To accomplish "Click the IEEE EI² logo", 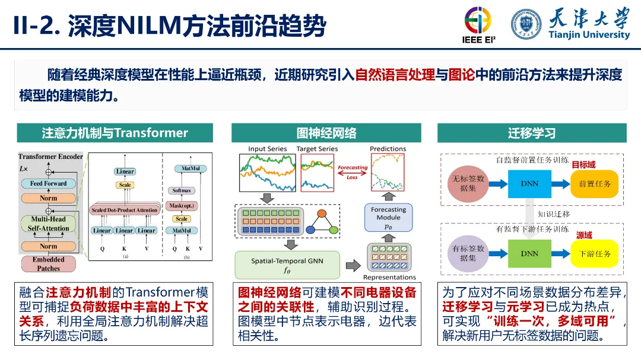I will [x=478, y=26].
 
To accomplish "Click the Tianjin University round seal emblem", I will [x=526, y=24].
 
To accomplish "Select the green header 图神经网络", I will [x=326, y=133].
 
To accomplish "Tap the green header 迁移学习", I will [x=532, y=133].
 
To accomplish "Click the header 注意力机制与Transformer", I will [x=115, y=133].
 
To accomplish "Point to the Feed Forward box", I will [x=49, y=184].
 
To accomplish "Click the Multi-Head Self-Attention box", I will [x=49, y=224].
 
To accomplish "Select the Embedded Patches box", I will [x=49, y=264].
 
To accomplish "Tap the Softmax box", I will [x=182, y=190].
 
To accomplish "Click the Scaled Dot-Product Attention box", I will [x=125, y=210].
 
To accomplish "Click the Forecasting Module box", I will [x=388, y=218].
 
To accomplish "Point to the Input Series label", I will [x=267, y=149].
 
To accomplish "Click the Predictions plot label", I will [x=388, y=149].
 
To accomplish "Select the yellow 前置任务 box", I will [x=595, y=184].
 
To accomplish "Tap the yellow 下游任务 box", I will [x=595, y=254].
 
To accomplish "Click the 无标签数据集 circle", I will [x=468, y=183].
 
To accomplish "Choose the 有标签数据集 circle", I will [x=468, y=253].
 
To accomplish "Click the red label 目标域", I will [x=583, y=164].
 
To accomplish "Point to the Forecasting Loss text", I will [x=353, y=172].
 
